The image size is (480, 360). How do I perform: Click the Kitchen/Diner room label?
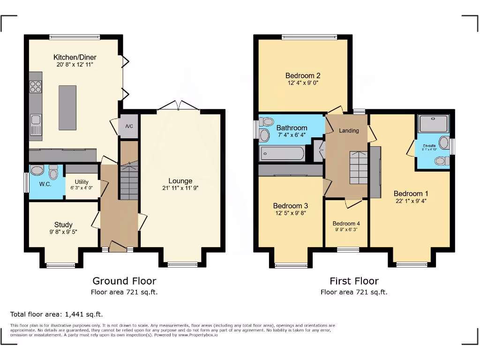coord(75,57)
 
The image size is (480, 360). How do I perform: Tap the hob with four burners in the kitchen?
coord(36,87)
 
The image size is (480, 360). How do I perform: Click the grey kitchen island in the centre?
coord(67,107)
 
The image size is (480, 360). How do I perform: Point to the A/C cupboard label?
coord(128,126)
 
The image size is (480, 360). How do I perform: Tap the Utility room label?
coord(81,182)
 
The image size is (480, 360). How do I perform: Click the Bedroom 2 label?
coord(303,75)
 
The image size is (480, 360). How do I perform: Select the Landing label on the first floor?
coord(349,130)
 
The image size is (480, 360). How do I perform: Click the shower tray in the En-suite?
coord(433,124)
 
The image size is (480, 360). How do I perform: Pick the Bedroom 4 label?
coord(347,224)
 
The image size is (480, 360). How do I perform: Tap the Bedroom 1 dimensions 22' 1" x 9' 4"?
coord(411,201)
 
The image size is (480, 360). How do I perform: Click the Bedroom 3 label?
coord(290,206)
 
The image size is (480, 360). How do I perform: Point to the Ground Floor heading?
coord(124,281)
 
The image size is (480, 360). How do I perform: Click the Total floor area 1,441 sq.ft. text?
coord(56,314)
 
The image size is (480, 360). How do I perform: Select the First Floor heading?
coord(354,281)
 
